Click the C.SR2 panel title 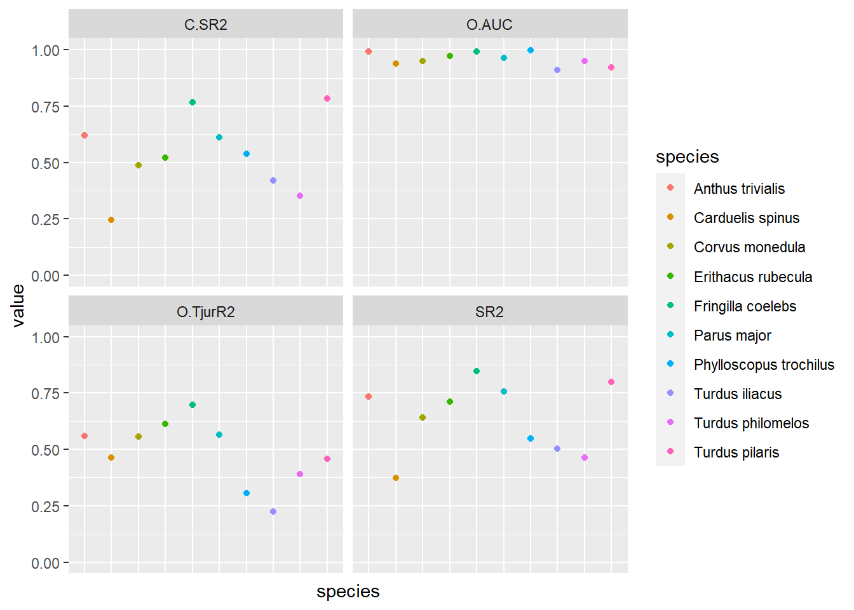click(x=205, y=25)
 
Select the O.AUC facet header click(x=489, y=25)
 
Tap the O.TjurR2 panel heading click(x=205, y=312)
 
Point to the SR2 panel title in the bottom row click(x=489, y=312)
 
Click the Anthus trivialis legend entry click(x=739, y=189)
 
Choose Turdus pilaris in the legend click(x=736, y=452)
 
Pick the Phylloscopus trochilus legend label click(x=764, y=365)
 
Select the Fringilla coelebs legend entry click(x=745, y=306)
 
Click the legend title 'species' click(x=687, y=157)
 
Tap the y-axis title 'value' click(x=18, y=306)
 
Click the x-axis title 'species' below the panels click(x=348, y=592)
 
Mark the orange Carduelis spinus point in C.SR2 click(x=111, y=220)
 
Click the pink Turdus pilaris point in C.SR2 click(x=327, y=98)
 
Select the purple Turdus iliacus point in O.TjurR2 click(x=273, y=512)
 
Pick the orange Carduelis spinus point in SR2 click(x=396, y=478)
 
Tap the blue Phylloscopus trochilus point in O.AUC click(x=531, y=50)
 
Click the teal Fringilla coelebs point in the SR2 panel click(x=477, y=371)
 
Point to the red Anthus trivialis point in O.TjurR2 click(x=85, y=436)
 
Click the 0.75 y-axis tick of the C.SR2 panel click(x=46, y=107)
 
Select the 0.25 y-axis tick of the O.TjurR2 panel click(x=46, y=506)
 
